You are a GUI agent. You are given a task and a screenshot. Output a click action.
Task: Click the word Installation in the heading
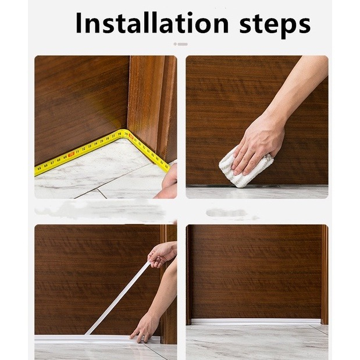pos(152,23)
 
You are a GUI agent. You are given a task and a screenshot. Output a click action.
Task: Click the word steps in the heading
pos(275,25)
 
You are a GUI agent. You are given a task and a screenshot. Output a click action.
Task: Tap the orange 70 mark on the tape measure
pos(72,154)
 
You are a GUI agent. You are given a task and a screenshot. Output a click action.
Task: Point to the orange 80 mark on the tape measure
pos(131,137)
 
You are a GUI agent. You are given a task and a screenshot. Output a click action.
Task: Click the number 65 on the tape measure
pos(40,169)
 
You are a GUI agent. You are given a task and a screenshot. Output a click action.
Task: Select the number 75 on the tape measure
pos(102,141)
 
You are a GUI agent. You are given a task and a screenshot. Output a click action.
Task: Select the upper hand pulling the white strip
pos(162,254)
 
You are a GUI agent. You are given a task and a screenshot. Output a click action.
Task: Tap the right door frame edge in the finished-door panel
pos(325,275)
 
